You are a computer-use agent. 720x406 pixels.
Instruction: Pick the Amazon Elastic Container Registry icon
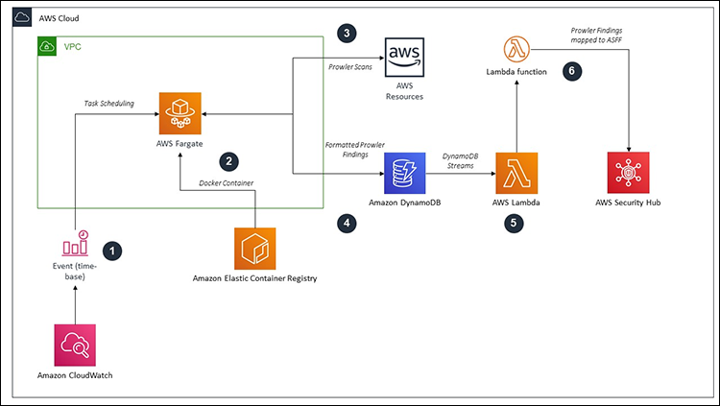pos(255,249)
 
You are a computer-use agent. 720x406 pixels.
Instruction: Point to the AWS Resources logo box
pos(404,60)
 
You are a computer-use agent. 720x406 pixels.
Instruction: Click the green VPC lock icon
pos(47,46)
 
